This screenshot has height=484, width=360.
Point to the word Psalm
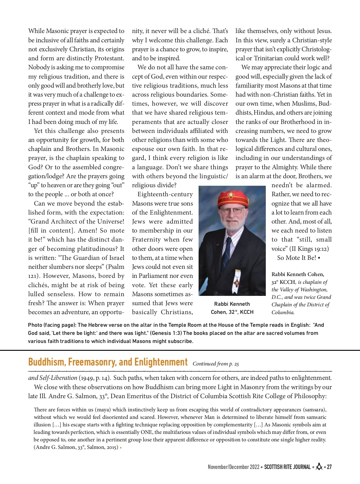pyautogui.click(x=116, y=267)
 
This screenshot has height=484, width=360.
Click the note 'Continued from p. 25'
pyautogui.click(x=216, y=364)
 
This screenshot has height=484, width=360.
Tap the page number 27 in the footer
pyautogui.click(x=329, y=467)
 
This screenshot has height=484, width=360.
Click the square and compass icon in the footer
pyautogui.click(x=319, y=467)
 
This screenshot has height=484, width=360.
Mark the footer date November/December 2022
pyautogui.click(x=233, y=467)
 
